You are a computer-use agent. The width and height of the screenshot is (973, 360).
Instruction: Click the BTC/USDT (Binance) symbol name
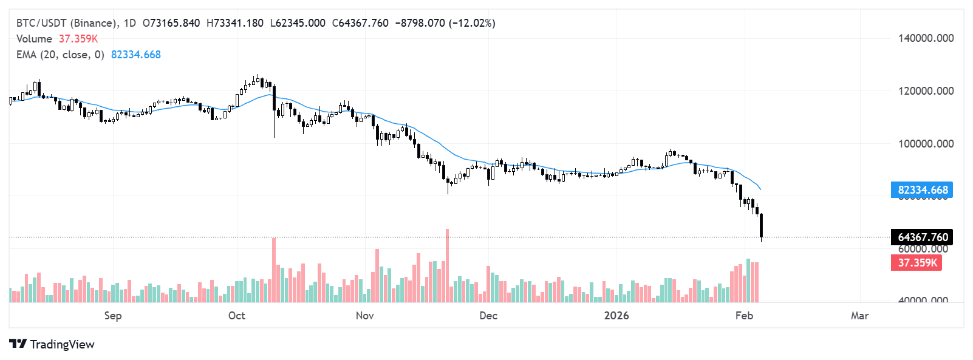point(67,23)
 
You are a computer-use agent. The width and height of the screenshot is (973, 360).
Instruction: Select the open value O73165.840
point(171,23)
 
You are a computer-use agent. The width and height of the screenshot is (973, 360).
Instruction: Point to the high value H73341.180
point(235,23)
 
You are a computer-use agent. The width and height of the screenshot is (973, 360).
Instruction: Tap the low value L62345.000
point(298,23)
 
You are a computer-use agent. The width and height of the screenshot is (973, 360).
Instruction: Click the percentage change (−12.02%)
point(472,23)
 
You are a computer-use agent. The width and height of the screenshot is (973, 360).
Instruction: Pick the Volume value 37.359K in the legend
point(78,39)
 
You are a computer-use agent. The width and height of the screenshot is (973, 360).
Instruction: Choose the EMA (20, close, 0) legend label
point(60,55)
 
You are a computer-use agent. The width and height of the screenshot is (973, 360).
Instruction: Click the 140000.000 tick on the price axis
point(926,38)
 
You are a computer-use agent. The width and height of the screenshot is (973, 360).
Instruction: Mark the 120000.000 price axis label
point(926,91)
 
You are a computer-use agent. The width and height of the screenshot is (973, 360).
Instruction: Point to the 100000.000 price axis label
point(926,144)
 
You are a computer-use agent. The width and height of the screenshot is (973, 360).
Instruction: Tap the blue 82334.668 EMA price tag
point(922,190)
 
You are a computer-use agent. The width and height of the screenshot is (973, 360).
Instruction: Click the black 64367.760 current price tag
point(922,237)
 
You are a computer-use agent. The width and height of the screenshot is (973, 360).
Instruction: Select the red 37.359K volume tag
point(917,263)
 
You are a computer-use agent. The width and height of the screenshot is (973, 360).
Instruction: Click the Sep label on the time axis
point(113,316)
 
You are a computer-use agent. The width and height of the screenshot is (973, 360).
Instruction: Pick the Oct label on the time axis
point(236,316)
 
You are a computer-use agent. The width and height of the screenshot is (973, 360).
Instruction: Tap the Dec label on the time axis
point(488,316)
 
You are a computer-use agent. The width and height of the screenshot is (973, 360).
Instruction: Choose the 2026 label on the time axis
point(616,316)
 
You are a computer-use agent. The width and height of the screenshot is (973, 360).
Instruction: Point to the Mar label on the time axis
point(859,316)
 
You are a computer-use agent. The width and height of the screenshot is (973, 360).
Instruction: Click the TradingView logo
point(52,344)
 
